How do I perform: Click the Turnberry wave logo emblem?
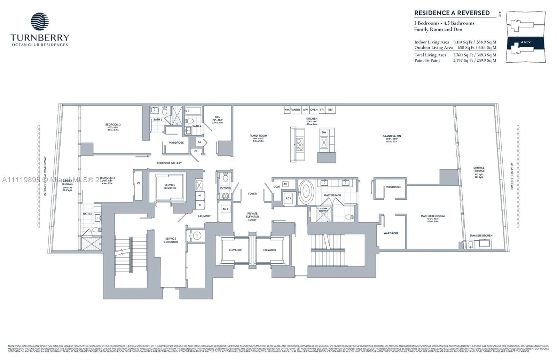(x=40, y=22)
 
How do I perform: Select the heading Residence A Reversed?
(x=452, y=13)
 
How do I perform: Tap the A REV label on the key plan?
(x=525, y=42)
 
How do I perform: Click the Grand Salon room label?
(x=392, y=136)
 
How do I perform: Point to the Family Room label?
(x=258, y=136)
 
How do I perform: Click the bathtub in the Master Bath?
(x=306, y=191)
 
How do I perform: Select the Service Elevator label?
(x=170, y=186)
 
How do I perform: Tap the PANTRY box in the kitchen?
(x=295, y=110)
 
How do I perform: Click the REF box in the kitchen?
(x=330, y=110)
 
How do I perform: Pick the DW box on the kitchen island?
(x=324, y=132)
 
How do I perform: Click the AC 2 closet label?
(x=225, y=209)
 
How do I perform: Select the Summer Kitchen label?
(x=481, y=235)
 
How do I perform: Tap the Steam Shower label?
(x=323, y=210)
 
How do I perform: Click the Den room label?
(x=218, y=117)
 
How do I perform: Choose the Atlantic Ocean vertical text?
(x=512, y=176)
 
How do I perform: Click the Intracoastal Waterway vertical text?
(x=45, y=176)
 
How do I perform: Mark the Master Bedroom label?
(x=432, y=216)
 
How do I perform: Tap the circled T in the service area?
(x=197, y=235)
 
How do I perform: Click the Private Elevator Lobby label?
(x=252, y=217)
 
